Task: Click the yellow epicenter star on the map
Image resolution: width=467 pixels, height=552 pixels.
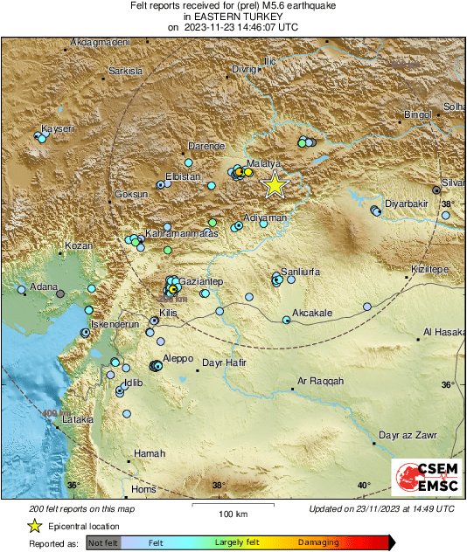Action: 275,184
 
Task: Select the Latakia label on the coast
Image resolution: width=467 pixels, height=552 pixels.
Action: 77,419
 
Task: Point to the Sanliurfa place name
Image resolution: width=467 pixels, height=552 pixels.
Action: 300,272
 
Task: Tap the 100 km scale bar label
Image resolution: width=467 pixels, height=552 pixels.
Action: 232,513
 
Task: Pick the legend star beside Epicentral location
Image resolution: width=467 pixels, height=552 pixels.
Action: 34,526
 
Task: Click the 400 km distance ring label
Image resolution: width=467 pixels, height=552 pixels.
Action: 57,412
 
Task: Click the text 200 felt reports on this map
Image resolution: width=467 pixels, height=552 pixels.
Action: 81,508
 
